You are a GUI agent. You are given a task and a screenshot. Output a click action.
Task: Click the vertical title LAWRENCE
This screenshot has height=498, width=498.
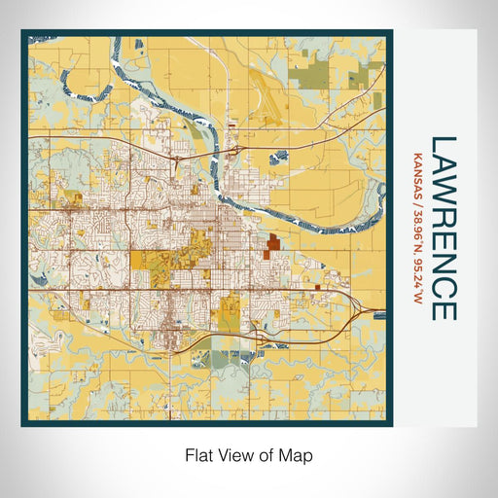(443, 228)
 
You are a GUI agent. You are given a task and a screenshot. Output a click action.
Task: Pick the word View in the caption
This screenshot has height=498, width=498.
(233, 454)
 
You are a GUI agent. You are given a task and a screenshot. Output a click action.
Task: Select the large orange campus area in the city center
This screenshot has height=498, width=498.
(156, 261)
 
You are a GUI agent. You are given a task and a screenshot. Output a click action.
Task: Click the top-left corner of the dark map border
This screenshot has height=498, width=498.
(23, 32)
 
